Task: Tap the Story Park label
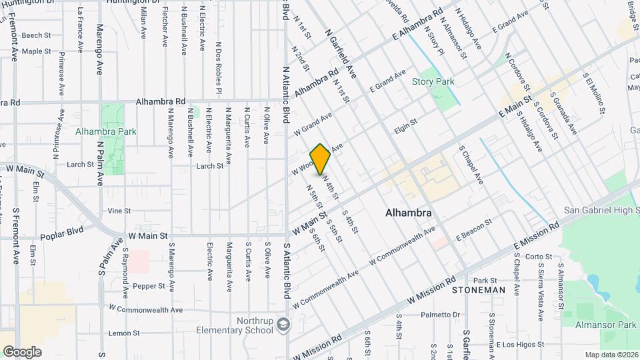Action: click(433, 82)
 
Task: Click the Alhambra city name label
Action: click(408, 213)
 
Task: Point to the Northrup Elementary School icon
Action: click(284, 324)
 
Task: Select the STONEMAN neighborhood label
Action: click(478, 291)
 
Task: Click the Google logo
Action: click(22, 351)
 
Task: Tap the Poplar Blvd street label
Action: click(61, 236)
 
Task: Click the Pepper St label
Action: click(148, 286)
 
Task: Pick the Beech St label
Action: click(36, 35)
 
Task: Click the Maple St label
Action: click(36, 51)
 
